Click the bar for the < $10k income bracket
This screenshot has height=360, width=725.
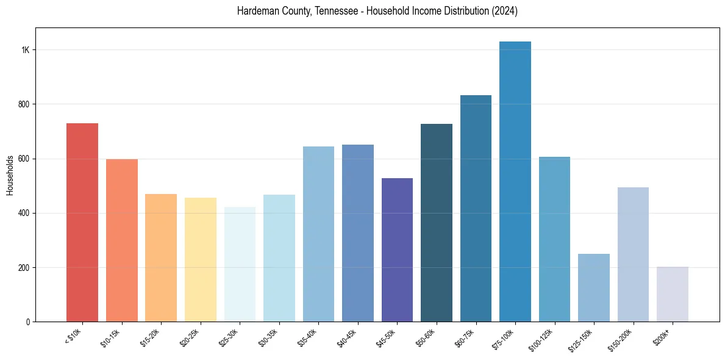coord(82,222)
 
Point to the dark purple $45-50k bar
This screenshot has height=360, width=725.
coord(397,250)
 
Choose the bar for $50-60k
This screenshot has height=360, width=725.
coord(437,223)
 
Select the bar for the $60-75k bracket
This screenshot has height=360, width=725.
coord(476,208)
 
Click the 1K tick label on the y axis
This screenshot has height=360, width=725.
coord(26,50)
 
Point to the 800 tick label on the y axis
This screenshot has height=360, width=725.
coord(24,104)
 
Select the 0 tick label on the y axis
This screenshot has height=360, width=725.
coord(28,322)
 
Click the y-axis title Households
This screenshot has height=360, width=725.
coord(10,175)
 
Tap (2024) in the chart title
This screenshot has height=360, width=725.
coord(505,12)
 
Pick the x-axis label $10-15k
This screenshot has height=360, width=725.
coord(111,337)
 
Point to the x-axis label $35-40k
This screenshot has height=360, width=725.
coord(308,337)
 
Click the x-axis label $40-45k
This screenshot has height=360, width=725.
coord(348,337)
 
